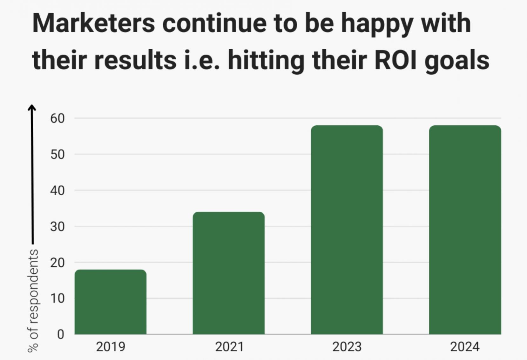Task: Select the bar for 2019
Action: [x=111, y=302]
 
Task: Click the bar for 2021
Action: [x=229, y=273]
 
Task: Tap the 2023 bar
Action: [x=347, y=230]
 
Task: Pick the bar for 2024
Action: [x=465, y=230]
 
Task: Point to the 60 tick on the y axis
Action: [x=57, y=118]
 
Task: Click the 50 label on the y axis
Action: [x=57, y=155]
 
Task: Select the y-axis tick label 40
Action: [x=57, y=190]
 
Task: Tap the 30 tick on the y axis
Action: [x=57, y=227]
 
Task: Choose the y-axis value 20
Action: [x=57, y=263]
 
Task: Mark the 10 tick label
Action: [x=57, y=298]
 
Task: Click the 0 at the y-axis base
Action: [x=60, y=334]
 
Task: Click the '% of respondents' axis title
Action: [x=33, y=300]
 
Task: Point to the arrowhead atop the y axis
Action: [x=32, y=108]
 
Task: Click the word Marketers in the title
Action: [x=94, y=23]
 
